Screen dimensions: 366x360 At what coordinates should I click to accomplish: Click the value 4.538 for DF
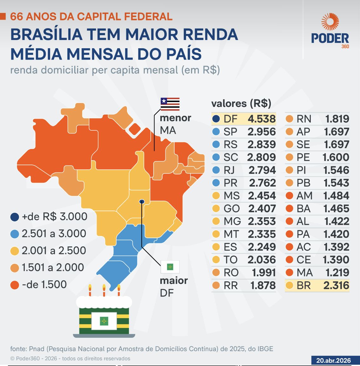pos(262,119)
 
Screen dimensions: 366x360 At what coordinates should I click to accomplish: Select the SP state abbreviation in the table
pos(230,132)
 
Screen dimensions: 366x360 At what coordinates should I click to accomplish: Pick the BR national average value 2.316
pos(336,285)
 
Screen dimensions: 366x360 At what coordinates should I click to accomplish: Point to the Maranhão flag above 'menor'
pos(170,104)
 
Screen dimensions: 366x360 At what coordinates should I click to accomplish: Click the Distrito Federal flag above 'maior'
pos(170,267)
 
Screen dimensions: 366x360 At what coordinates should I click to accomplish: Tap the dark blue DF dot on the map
pos(142,201)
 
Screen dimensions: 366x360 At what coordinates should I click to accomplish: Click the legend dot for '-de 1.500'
pos(15,284)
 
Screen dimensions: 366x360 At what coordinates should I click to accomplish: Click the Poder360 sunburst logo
pos(330,22)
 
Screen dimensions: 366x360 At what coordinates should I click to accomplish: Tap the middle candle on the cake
pos(104,290)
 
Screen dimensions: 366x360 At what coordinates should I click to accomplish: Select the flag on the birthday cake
pos(104,321)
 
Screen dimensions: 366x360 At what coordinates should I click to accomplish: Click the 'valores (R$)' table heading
pos(241,103)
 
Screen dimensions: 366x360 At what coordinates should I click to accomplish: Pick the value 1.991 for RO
pos(263,272)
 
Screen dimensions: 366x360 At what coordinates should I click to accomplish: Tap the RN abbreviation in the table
pos(304,119)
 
